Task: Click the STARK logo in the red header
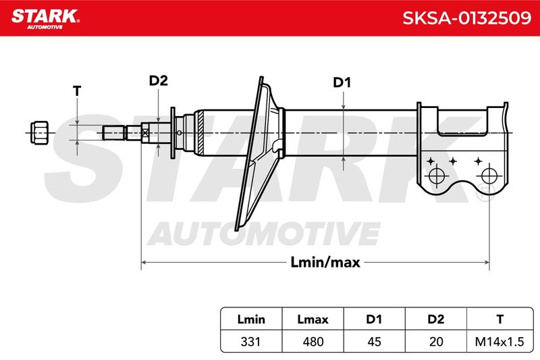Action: point(45,19)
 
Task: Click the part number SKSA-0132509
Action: point(466,18)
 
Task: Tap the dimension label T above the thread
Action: point(77,91)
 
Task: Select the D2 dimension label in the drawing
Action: point(158,80)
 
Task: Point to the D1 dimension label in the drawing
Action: point(342,82)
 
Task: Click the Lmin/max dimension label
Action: point(325,263)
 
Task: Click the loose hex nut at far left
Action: point(39,132)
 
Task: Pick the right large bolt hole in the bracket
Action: point(489,176)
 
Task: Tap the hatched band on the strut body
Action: point(200,133)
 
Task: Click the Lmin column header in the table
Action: point(251,319)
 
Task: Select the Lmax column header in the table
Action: point(313,319)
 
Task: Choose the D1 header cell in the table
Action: point(374,319)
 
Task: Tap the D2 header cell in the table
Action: point(435,319)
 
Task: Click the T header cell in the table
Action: point(500,319)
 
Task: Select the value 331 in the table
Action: point(250,342)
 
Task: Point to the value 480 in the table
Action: point(313,342)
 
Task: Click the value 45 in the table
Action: point(375,342)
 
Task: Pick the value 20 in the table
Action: point(436,342)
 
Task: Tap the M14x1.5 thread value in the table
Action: point(500,342)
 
